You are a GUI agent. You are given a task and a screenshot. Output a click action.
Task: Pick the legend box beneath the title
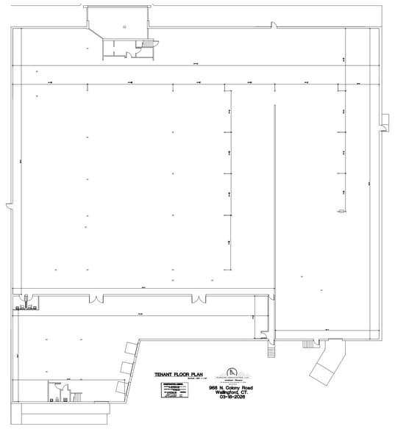point(171,390)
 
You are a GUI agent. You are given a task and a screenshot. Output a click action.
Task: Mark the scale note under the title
point(193,379)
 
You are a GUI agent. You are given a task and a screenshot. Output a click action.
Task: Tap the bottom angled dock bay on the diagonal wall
point(121,386)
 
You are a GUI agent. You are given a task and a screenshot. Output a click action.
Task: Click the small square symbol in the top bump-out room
point(124,26)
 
